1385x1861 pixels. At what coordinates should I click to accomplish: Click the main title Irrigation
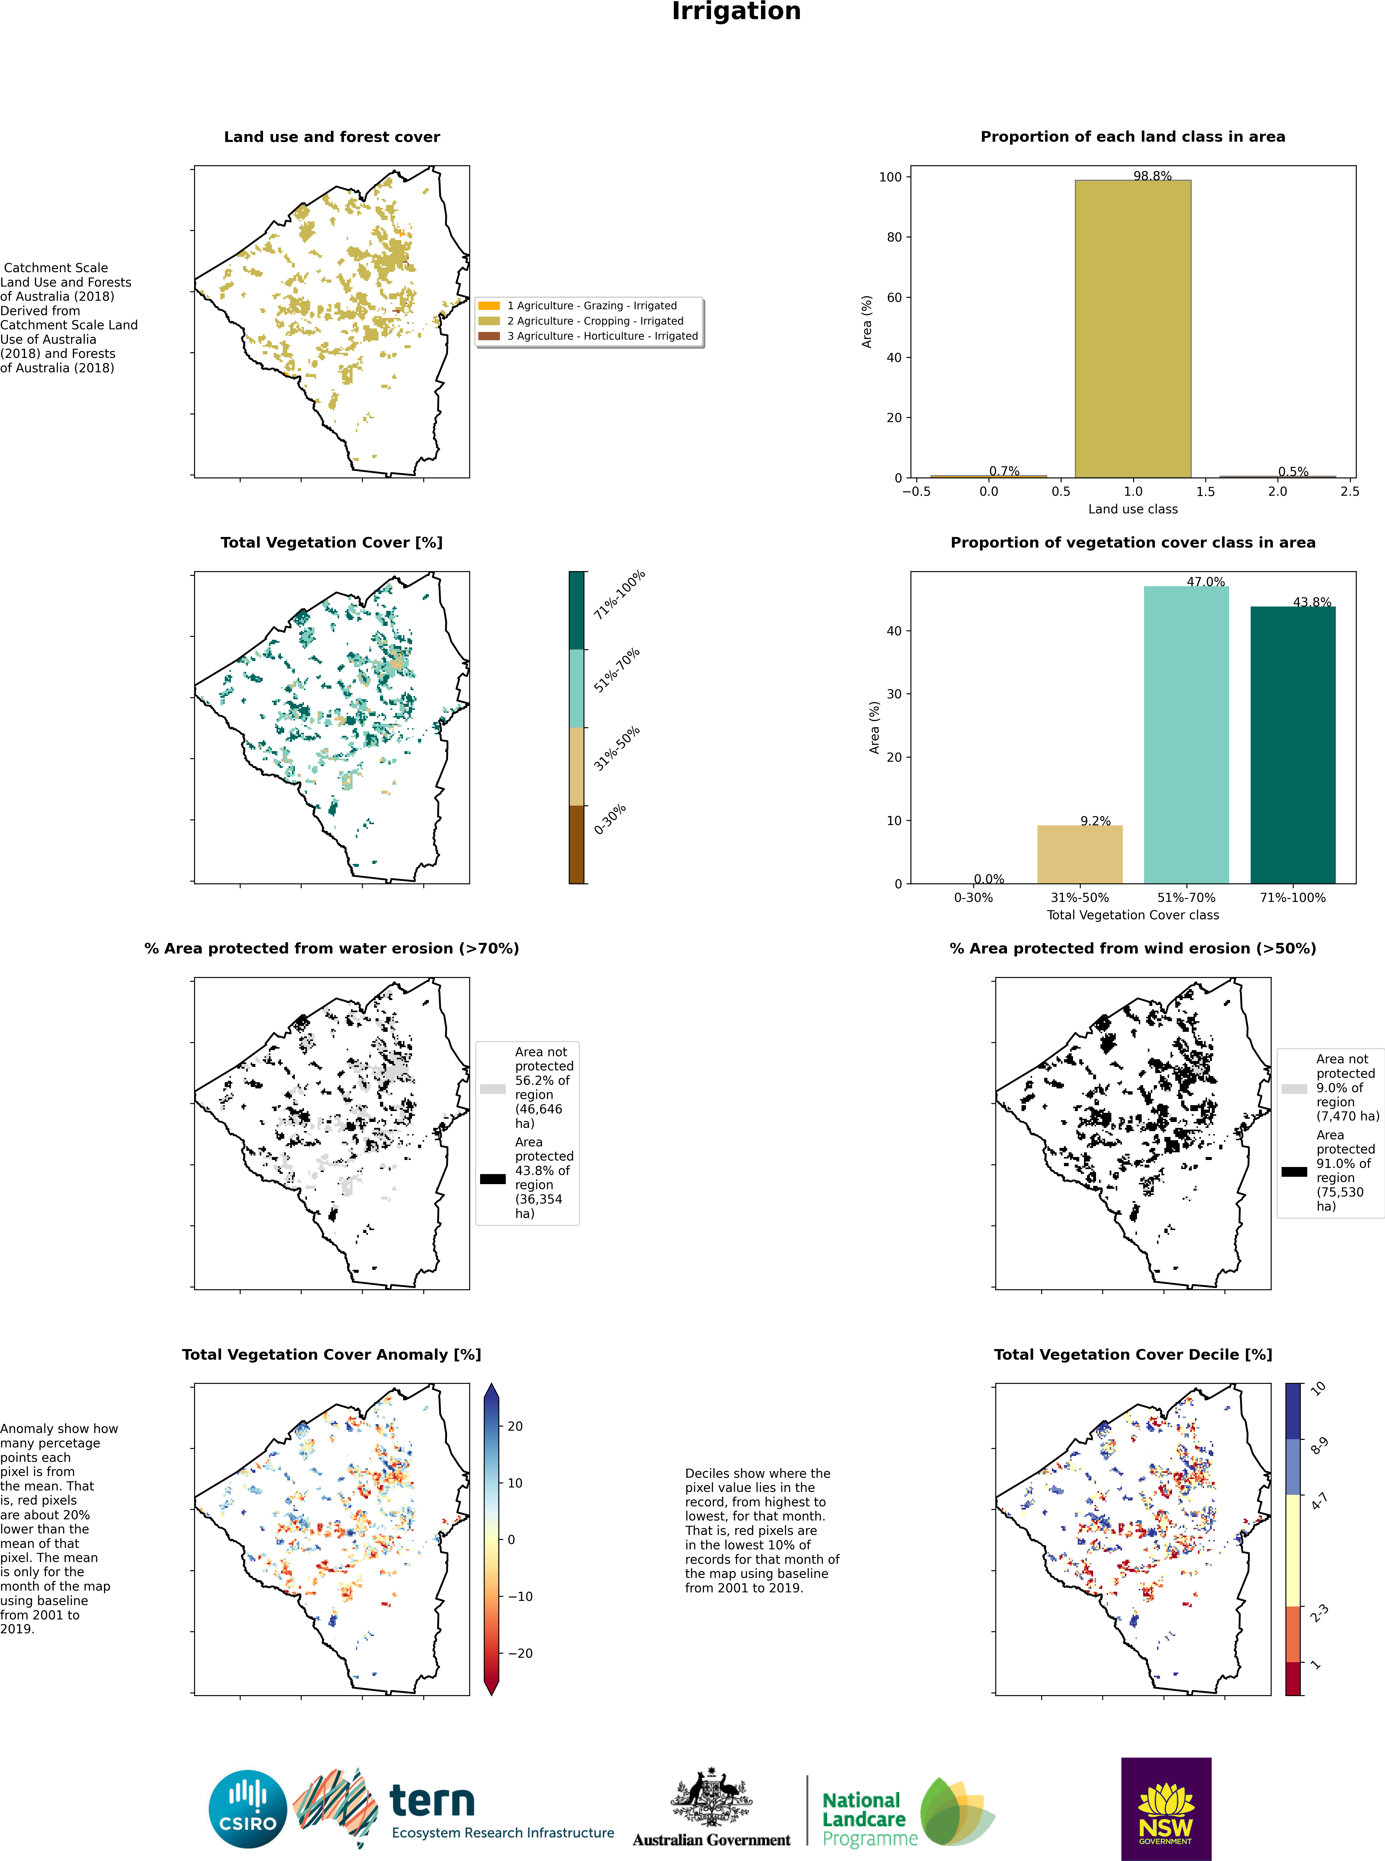(736, 12)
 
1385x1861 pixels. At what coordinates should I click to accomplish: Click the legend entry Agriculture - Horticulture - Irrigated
(602, 336)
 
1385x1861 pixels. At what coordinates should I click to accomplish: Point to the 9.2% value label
(1095, 821)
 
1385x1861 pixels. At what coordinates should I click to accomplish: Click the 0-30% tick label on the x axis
(973, 898)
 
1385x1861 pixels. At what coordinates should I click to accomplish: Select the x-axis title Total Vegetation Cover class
(1133, 915)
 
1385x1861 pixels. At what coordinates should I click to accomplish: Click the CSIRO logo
(248, 1809)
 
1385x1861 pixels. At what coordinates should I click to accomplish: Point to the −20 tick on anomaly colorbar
(520, 1653)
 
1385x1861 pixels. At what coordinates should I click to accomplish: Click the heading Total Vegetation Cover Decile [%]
(1133, 1355)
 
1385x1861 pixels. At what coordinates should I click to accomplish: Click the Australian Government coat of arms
(711, 1798)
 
